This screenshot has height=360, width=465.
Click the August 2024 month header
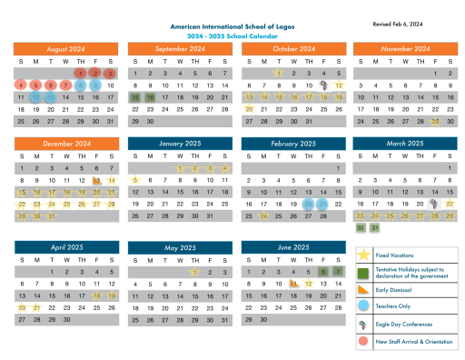click(65, 48)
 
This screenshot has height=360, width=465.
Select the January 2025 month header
click(179, 144)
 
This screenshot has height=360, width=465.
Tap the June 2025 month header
click(292, 247)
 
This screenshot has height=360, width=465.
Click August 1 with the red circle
click(81, 74)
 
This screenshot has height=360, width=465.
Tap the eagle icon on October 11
click(323, 85)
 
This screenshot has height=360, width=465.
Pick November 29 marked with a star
click(436, 121)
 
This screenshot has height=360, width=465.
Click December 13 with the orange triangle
click(96, 181)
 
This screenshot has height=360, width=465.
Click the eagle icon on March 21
click(436, 205)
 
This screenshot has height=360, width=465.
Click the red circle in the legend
click(363, 341)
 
